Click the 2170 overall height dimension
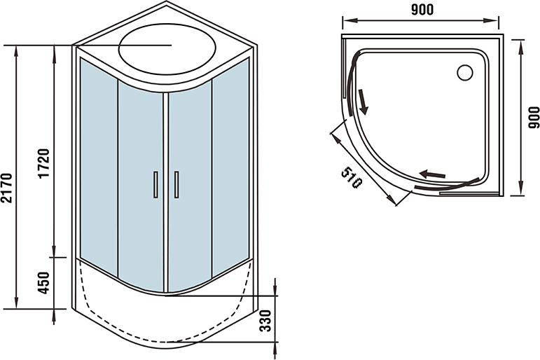(x=7, y=188)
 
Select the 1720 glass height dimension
(x=44, y=163)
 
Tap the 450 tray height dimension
(x=44, y=283)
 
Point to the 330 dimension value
(x=265, y=321)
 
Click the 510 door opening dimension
(x=352, y=177)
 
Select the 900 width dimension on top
(x=422, y=10)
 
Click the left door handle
(x=155, y=185)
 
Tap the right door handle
(x=176, y=185)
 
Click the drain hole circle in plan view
(x=465, y=73)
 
